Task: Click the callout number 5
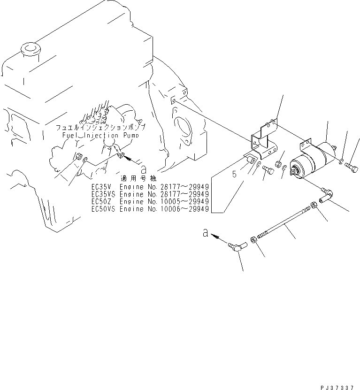[x=235, y=175]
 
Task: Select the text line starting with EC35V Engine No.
[x=150, y=186]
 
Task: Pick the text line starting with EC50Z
[x=150, y=201]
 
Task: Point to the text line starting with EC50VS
[x=150, y=209]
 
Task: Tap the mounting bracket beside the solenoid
[x=264, y=141]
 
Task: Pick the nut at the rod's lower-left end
[x=253, y=240]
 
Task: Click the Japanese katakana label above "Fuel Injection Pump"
[x=100, y=127]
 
